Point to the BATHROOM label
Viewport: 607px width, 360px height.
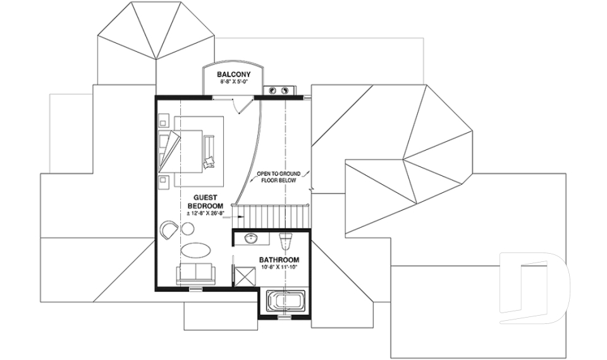[279, 260]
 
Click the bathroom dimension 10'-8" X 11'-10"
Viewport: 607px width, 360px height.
[279, 268]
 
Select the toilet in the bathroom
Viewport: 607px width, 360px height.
[286, 240]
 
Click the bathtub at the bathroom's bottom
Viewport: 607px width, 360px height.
[285, 302]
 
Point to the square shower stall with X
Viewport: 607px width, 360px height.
[243, 275]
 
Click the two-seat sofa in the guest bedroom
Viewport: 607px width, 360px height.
[195, 274]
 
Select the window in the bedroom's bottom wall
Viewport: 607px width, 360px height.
[196, 289]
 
